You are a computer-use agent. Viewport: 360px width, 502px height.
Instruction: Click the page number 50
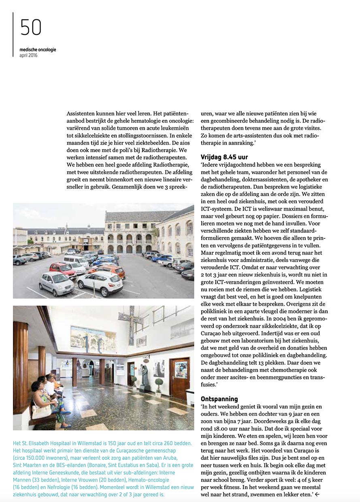pyautogui.click(x=31, y=28)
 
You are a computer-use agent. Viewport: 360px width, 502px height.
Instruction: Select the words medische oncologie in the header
pyautogui.click(x=38, y=50)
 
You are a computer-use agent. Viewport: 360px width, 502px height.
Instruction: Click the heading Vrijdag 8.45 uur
pyautogui.click(x=224, y=157)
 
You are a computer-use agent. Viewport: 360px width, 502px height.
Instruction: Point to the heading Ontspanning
pyautogui.click(x=219, y=399)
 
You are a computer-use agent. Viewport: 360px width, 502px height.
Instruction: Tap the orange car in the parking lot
pyautogui.click(x=107, y=270)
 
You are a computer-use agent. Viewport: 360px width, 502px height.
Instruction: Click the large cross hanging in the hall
pyautogui.click(x=131, y=321)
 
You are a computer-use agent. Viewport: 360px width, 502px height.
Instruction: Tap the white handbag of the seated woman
pyautogui.click(x=42, y=411)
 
